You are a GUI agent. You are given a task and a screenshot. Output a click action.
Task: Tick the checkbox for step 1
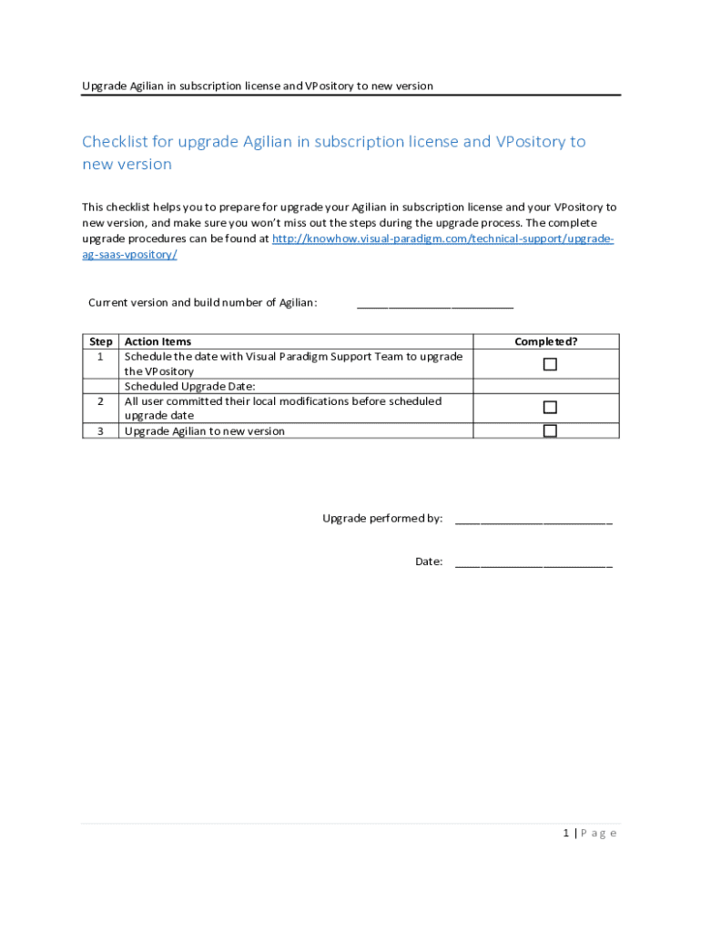[550, 364]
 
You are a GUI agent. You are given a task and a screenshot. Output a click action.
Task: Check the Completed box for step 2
[550, 408]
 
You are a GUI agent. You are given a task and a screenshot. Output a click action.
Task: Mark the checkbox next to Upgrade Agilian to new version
[550, 431]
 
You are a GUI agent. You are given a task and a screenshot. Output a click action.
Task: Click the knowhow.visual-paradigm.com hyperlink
[442, 238]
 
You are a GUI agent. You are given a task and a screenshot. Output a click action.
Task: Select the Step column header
[101, 341]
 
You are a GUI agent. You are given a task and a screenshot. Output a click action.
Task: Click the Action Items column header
[157, 341]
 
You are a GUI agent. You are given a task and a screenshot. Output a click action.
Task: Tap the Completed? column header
[545, 341]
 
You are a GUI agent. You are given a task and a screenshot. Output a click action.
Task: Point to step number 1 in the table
[100, 357]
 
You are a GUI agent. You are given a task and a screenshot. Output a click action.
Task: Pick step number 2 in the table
[100, 401]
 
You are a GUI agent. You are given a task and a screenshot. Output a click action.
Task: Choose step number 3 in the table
[100, 431]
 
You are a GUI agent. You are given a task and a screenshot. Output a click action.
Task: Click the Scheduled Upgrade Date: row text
[189, 386]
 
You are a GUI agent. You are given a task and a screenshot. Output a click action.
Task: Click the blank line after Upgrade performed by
[533, 521]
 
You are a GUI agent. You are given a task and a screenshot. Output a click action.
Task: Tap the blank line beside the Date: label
[533, 563]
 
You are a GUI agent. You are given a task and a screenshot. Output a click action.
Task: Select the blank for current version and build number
[434, 305]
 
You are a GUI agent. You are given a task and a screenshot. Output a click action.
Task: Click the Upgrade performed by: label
[382, 519]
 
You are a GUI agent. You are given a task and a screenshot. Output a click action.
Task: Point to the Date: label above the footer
[429, 562]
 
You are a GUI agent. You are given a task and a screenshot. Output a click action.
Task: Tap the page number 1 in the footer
[565, 833]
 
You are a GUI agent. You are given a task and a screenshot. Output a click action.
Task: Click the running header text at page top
[258, 86]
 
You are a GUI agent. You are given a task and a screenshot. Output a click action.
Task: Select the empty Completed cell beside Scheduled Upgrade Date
[545, 386]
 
